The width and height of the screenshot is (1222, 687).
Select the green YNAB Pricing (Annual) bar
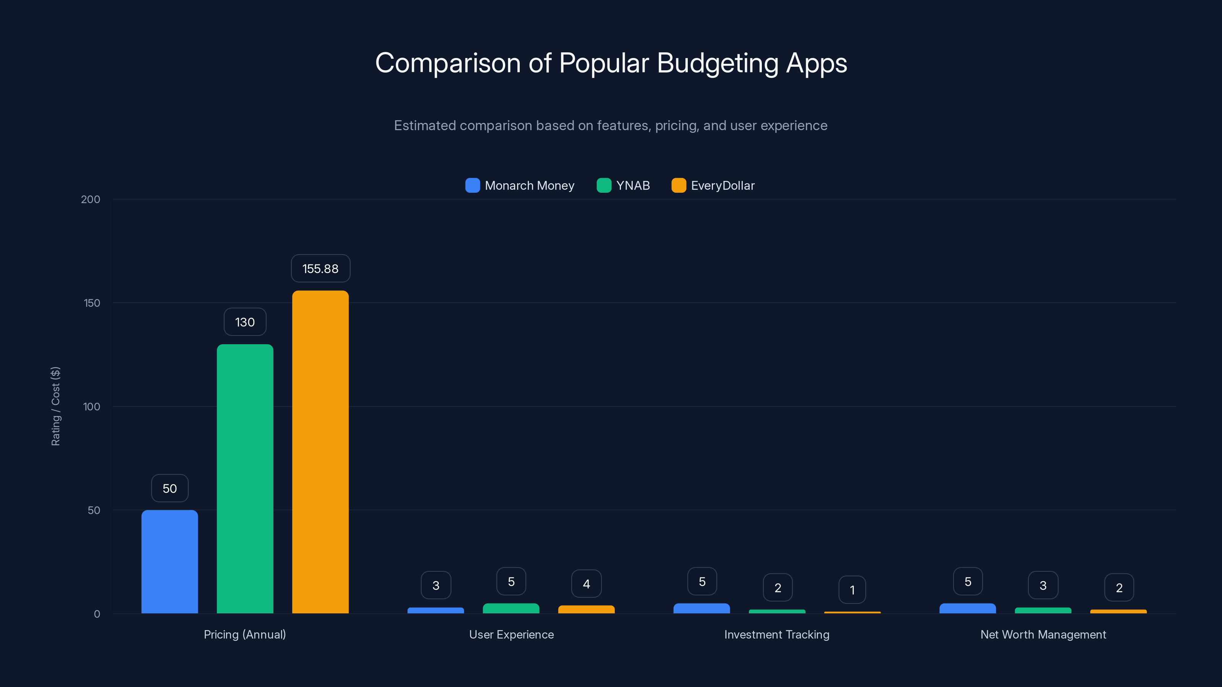coord(245,479)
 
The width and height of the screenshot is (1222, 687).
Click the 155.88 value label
coord(320,269)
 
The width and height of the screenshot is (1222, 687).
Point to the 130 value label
coord(245,323)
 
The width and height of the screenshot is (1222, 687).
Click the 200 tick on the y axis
coord(90,199)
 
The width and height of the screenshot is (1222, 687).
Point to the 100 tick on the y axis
coord(91,407)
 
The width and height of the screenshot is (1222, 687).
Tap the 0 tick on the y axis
coord(97,614)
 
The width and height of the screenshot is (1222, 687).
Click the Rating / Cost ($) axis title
coord(55,406)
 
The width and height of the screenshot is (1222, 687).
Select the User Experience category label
coord(511,634)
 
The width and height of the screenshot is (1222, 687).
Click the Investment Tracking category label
coord(777,634)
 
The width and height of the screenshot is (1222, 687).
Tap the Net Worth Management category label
coord(1043,634)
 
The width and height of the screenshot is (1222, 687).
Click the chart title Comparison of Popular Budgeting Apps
coord(611,63)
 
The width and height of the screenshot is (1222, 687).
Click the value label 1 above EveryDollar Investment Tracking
coord(852,590)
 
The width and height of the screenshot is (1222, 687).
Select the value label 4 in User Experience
coord(586,584)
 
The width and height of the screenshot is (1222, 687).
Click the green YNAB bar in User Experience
coord(511,608)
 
